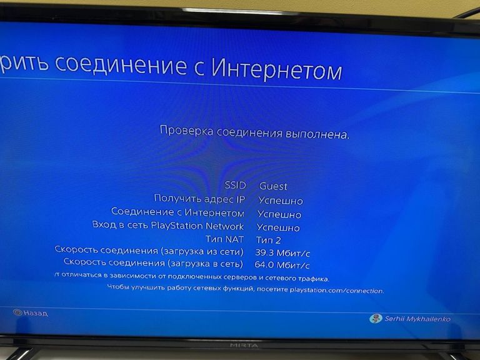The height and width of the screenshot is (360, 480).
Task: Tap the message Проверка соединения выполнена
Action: (x=254, y=132)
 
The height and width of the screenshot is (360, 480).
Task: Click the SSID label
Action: (x=236, y=186)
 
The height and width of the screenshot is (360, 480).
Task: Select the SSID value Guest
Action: (x=273, y=186)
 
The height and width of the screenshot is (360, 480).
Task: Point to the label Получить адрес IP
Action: (x=199, y=199)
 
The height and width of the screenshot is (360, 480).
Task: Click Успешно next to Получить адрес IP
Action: (x=280, y=201)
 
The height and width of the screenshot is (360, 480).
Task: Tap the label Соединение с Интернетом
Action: (x=177, y=213)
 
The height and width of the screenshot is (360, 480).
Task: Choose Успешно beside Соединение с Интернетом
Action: (x=279, y=214)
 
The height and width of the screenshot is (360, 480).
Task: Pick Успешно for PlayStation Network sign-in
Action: (x=277, y=227)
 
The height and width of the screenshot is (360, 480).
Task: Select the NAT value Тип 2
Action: (x=269, y=240)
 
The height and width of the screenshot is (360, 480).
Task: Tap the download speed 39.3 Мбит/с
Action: (x=282, y=252)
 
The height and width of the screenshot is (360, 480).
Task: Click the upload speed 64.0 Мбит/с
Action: (x=282, y=265)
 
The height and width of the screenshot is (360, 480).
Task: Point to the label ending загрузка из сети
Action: (x=149, y=251)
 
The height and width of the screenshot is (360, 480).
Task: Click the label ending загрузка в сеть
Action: (x=153, y=264)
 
